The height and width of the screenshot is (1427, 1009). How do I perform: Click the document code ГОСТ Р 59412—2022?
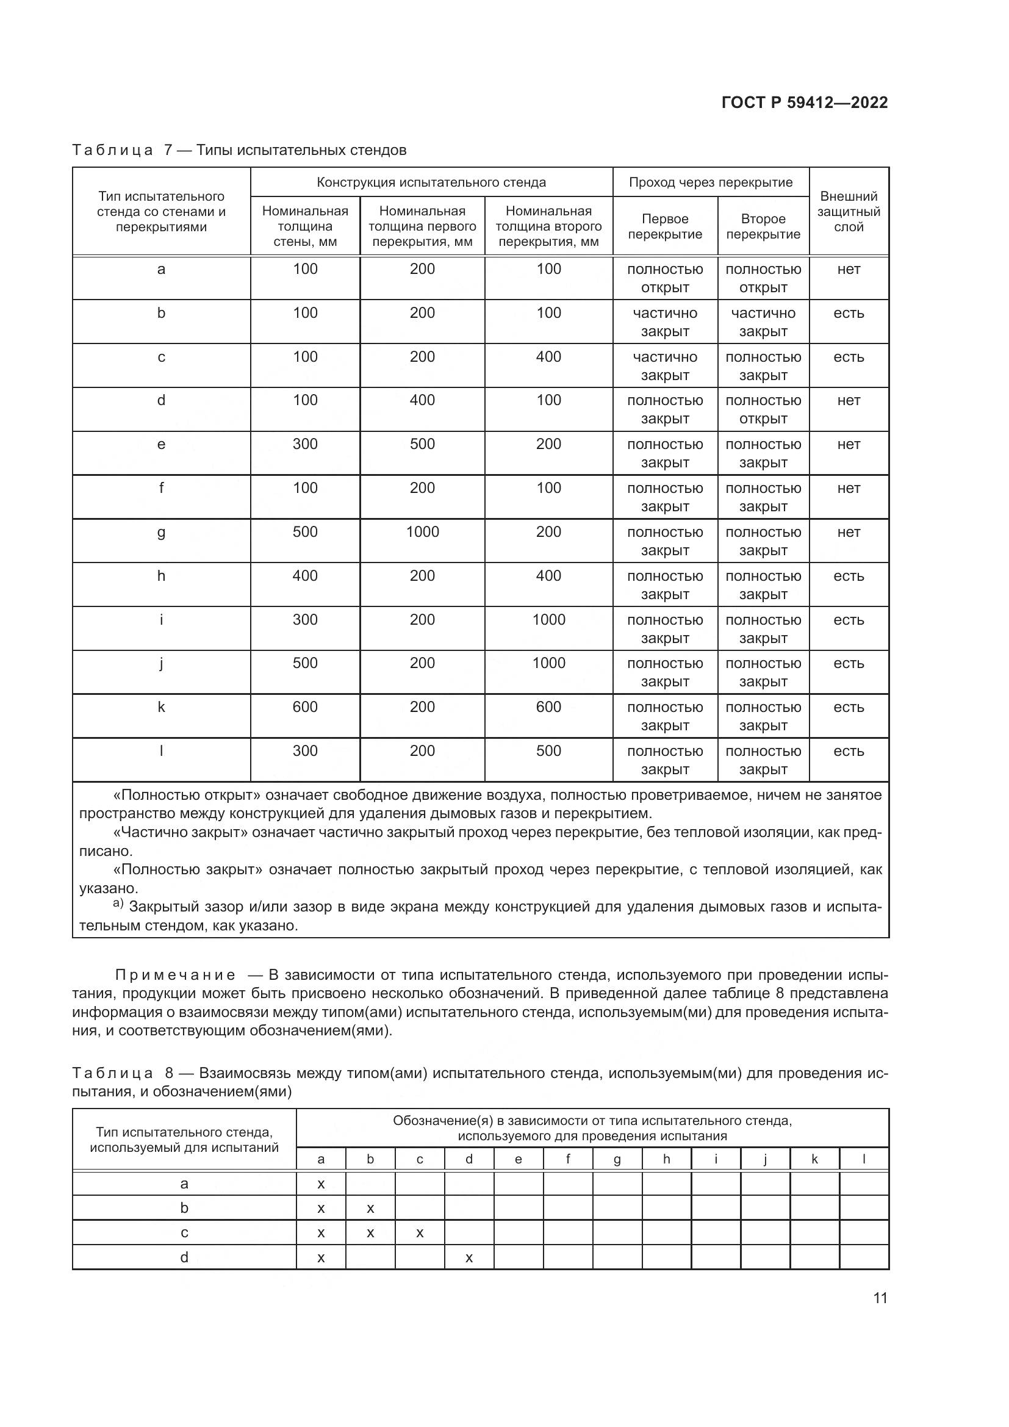pyautogui.click(x=804, y=102)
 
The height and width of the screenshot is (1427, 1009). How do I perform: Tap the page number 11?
pyautogui.click(x=880, y=1298)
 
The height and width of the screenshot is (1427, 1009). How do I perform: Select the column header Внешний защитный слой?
pyautogui.click(x=848, y=211)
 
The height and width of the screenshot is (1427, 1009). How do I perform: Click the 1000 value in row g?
pyautogui.click(x=422, y=532)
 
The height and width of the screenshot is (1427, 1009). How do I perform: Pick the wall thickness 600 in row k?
pyautogui.click(x=305, y=707)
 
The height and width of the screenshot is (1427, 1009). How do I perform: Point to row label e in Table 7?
pyautogui.click(x=161, y=444)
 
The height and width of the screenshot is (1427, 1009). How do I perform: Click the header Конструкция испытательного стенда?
pyautogui.click(x=431, y=182)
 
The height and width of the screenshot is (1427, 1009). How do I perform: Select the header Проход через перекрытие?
pyautogui.click(x=710, y=182)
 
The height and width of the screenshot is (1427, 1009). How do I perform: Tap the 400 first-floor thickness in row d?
pyautogui.click(x=422, y=400)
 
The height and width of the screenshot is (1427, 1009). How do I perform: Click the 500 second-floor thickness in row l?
pyautogui.click(x=548, y=751)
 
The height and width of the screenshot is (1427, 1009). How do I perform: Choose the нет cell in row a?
pyautogui.click(x=848, y=269)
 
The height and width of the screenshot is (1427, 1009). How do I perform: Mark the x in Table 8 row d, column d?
pyautogui.click(x=469, y=1258)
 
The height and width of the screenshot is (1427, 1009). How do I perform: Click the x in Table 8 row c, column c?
pyautogui.click(x=419, y=1233)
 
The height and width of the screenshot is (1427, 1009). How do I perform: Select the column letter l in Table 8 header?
pyautogui.click(x=864, y=1159)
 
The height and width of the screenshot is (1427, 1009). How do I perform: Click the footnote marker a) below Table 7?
pyautogui.click(x=118, y=902)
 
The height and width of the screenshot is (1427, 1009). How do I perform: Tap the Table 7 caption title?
pyautogui.click(x=239, y=150)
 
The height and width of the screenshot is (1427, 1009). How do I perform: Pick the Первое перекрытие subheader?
pyautogui.click(x=665, y=226)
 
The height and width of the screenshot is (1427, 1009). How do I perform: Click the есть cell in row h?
pyautogui.click(x=848, y=576)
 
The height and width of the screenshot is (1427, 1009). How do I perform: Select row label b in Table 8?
pyautogui.click(x=184, y=1208)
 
